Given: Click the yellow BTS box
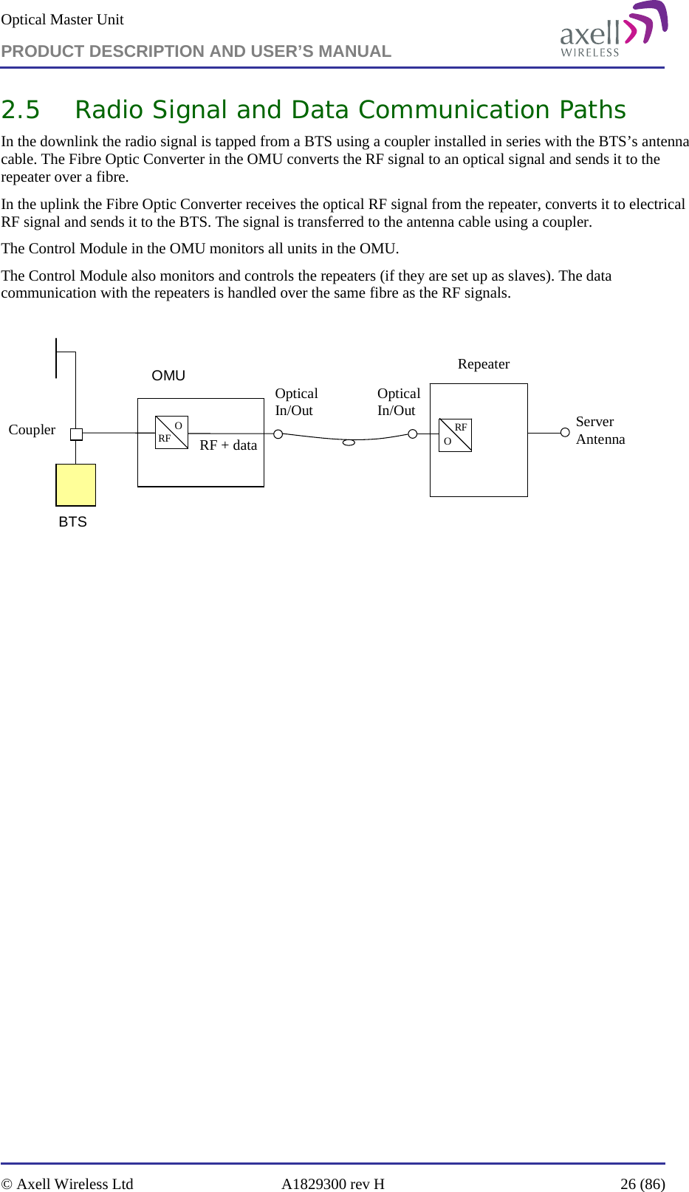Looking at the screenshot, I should point(76,484).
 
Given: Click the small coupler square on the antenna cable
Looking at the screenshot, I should point(76,434).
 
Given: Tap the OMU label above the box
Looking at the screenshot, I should point(168,375).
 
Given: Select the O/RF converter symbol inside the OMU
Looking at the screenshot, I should point(171,432).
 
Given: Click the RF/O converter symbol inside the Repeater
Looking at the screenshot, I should point(455,435).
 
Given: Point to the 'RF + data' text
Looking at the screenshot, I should point(228,445).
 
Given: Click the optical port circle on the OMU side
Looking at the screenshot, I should point(278,434).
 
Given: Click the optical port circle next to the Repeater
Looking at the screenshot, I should point(413,434).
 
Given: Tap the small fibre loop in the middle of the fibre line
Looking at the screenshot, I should point(349,442).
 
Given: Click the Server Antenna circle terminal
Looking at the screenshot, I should point(565,432).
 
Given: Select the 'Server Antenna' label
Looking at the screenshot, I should point(600,430).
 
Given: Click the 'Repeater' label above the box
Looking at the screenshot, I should point(483,363).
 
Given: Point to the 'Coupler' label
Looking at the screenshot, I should point(32,429).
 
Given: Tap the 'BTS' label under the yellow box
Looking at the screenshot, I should point(72,521).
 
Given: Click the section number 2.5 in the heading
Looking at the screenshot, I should point(21,109).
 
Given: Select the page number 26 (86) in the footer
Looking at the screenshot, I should point(642,1183).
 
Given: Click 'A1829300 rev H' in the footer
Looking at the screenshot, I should point(332,1183).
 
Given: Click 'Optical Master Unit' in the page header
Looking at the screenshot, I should point(63,19).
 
